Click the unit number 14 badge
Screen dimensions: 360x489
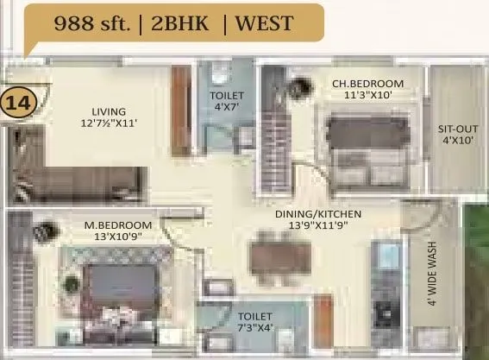(x=16, y=103)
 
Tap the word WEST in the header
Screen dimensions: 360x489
(x=263, y=22)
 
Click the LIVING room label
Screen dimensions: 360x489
(x=110, y=111)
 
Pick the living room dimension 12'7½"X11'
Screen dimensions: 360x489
(x=110, y=123)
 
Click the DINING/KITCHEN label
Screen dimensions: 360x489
(x=317, y=213)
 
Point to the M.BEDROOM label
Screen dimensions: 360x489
(x=118, y=226)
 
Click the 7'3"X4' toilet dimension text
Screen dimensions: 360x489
(x=254, y=329)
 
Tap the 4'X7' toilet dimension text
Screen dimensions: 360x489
(x=227, y=107)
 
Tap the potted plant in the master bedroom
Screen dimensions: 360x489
(x=42, y=232)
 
